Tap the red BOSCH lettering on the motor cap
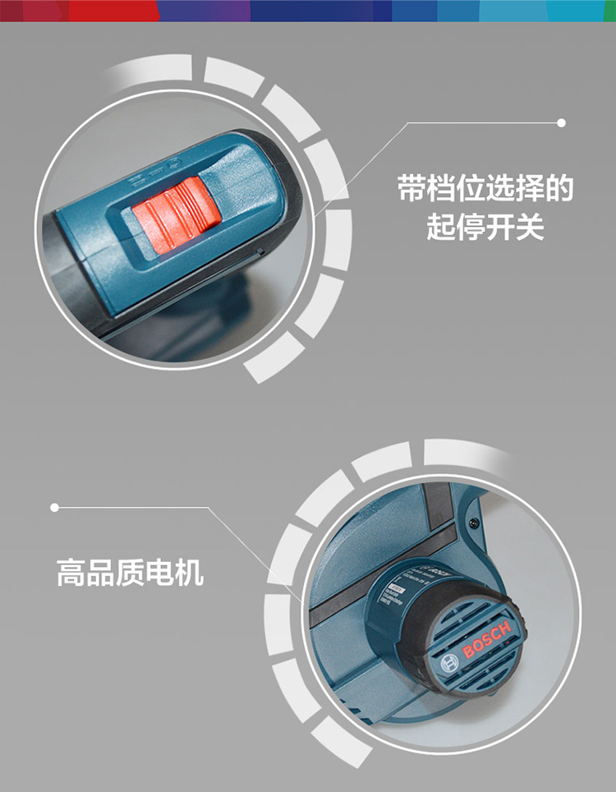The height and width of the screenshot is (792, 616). pos(486,642)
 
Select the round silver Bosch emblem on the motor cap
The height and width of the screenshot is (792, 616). pos(449,663)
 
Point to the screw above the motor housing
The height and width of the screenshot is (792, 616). pos(473,523)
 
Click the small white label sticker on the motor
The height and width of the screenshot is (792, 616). pos(398,590)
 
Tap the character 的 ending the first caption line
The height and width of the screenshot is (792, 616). pos(559,190)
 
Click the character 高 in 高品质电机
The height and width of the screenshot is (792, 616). pos(71,572)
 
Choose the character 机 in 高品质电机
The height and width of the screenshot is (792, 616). pos(190,572)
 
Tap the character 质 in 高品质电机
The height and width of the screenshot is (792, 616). pos(131,572)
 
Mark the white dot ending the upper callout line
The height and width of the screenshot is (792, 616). pos(562,123)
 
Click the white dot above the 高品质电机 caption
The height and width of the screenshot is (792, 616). pos(55,508)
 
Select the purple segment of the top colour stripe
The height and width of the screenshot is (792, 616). pos(205,10)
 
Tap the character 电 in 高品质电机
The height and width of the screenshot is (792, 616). pos(160,572)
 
